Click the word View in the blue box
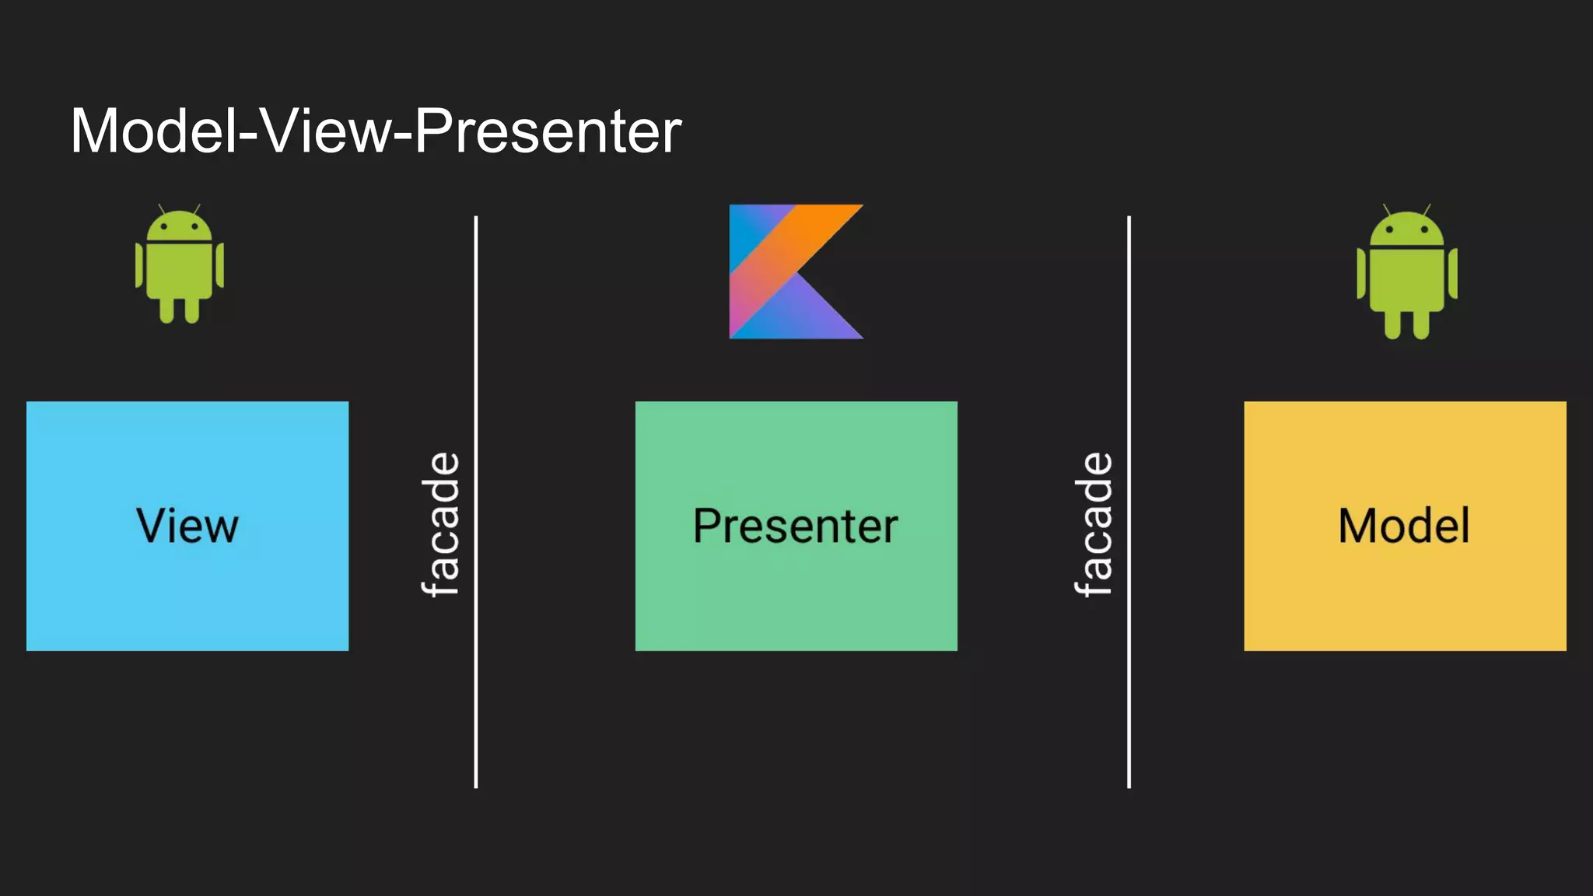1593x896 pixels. [187, 527]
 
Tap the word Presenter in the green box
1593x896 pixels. [795, 527]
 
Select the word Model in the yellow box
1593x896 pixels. [1404, 527]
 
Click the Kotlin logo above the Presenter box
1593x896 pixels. [795, 271]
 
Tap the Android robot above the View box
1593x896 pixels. [180, 264]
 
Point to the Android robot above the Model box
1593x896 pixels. [1406, 272]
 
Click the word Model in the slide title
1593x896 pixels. [153, 131]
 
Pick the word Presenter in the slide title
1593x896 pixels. [548, 131]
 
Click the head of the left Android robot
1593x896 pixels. [180, 227]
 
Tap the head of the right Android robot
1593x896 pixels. [1406, 230]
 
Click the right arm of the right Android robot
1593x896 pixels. [1452, 273]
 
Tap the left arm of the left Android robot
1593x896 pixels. [140, 265]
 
